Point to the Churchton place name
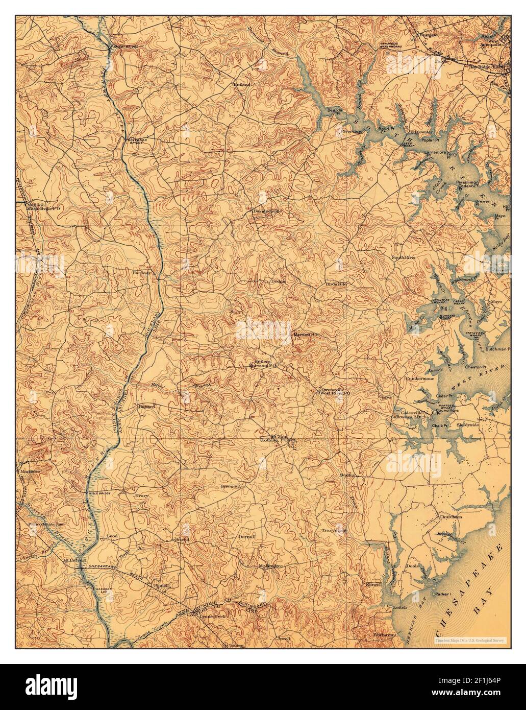[x=449, y=516]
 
